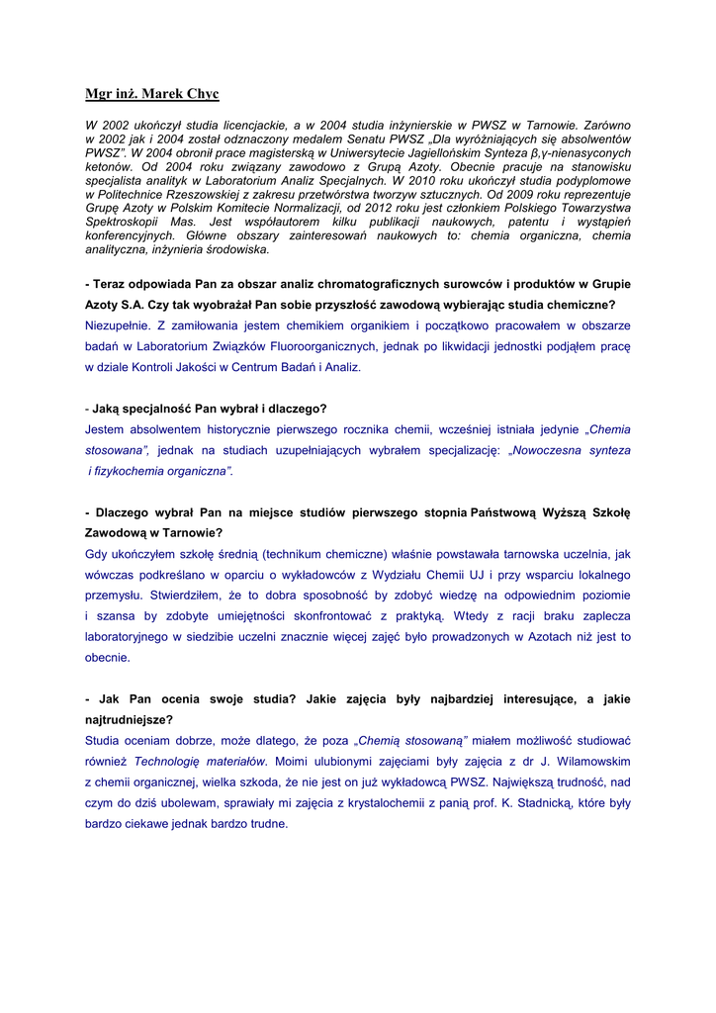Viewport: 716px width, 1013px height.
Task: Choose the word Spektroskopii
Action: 121,223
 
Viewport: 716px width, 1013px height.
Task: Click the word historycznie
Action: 240,429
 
